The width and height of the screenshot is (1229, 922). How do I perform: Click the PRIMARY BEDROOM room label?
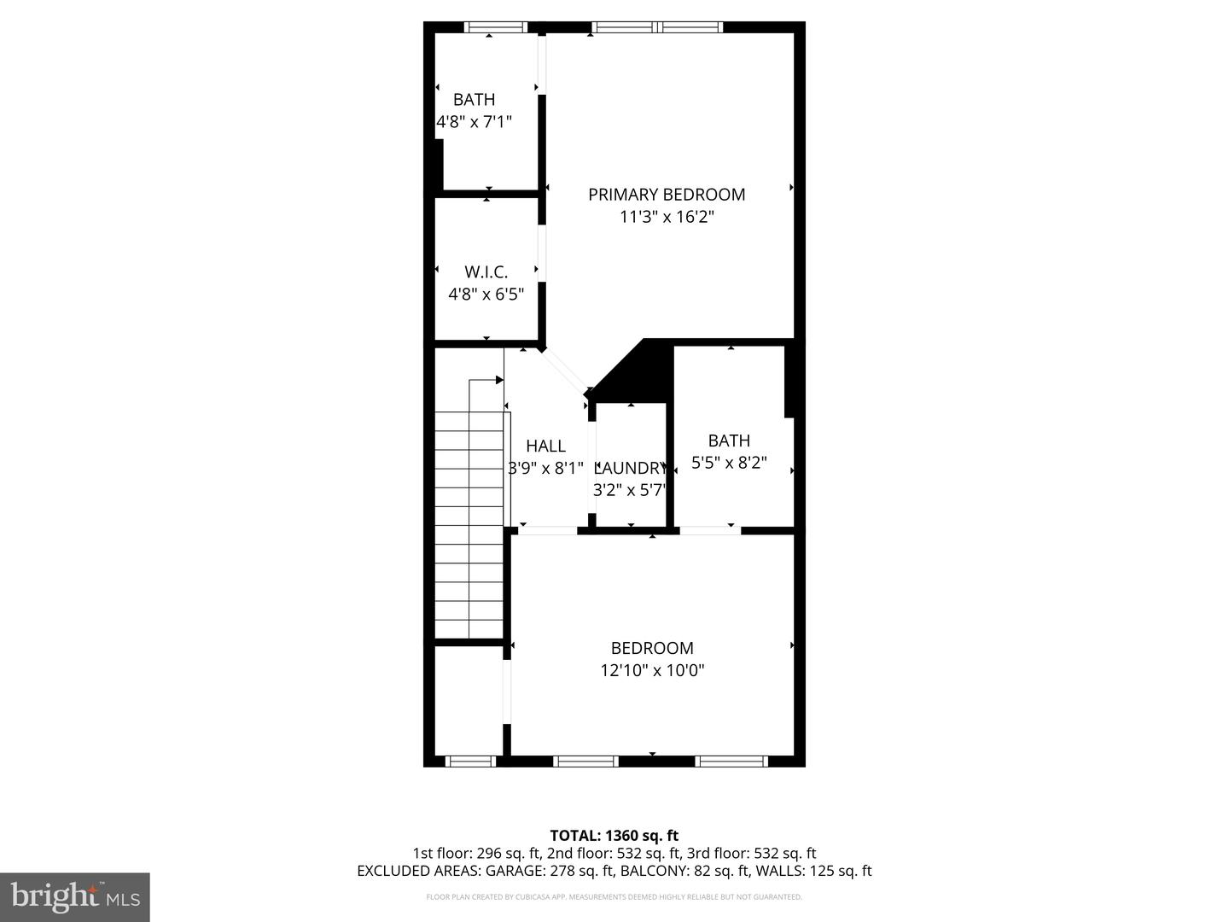[666, 195]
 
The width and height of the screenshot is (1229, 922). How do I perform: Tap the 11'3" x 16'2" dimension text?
[666, 217]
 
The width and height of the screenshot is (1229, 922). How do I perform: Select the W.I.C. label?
[486, 272]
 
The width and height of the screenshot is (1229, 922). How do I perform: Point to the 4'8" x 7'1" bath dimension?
[475, 122]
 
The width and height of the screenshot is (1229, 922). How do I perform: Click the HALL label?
[545, 446]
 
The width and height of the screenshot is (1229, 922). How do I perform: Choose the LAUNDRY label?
[631, 468]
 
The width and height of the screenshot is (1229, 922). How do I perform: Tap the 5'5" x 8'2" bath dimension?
[729, 463]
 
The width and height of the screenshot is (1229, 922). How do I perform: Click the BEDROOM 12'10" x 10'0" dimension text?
[652, 670]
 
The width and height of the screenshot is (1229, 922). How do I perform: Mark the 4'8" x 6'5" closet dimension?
[486, 295]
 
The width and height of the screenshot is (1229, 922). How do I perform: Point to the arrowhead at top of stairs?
[499, 380]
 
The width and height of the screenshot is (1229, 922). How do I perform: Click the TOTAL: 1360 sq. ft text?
[614, 835]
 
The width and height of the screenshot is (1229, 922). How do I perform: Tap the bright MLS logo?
[75, 896]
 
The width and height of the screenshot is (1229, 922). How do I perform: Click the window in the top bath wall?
[495, 27]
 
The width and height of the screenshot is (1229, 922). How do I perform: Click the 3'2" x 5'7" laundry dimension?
[629, 490]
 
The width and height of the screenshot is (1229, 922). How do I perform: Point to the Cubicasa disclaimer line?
[614, 897]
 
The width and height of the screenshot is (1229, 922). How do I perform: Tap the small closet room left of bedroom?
[469, 700]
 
